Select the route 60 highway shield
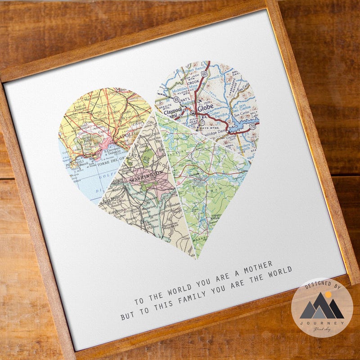(x=205, y=73)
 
